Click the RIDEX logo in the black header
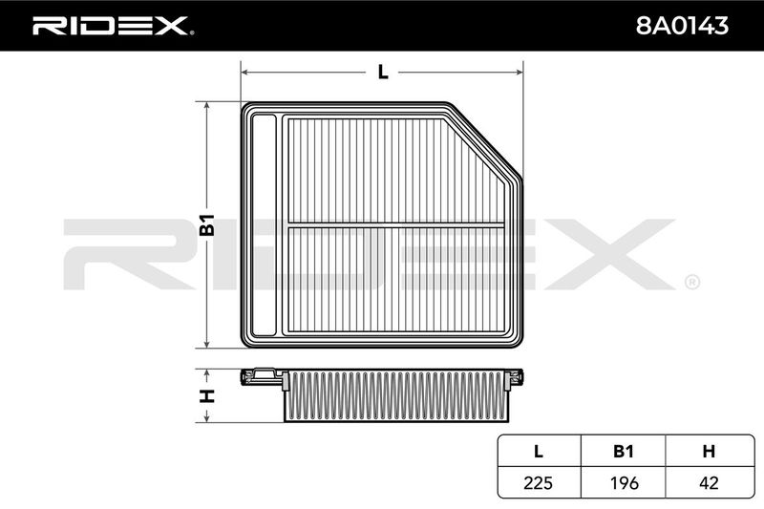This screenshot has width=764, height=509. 113,26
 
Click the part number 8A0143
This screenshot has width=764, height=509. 682,26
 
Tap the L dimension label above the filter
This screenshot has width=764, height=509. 383,72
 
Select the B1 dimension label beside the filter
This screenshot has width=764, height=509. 207,224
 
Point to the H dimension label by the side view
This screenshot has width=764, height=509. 207,396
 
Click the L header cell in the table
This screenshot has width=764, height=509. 539,451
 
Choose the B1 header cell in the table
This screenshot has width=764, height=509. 624,451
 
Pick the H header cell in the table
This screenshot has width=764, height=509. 709,451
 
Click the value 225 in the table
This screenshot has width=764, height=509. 538,482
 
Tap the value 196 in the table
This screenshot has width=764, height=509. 624,482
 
